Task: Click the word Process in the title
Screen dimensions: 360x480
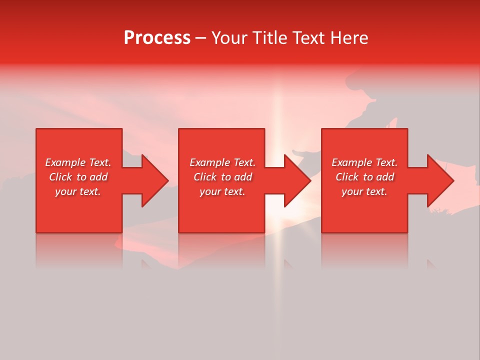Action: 157,38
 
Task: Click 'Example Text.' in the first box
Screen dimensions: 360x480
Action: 78,162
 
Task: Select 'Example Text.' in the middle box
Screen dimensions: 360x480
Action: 222,162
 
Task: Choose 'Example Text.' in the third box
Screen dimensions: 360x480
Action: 364,162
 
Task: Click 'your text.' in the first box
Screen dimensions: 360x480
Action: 78,191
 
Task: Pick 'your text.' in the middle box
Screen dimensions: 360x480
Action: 222,191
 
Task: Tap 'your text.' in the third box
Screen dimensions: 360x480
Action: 364,191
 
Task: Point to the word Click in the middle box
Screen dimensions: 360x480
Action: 205,177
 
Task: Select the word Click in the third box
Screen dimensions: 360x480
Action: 347,177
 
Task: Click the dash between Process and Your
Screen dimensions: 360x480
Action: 201,38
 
